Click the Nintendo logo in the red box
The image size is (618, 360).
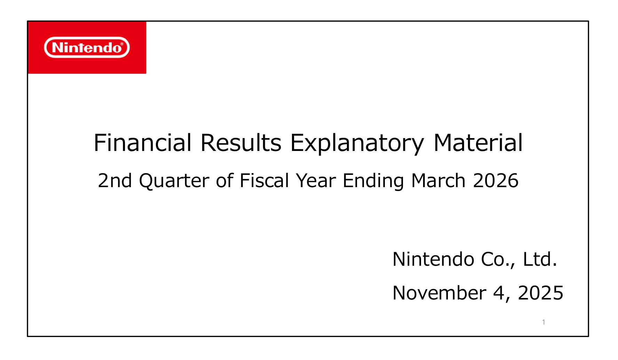coord(87,47)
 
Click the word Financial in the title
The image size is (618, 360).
coord(143,143)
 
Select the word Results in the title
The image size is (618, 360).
coord(241,143)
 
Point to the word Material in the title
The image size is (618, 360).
coord(478,143)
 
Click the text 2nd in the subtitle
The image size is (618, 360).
coord(115,181)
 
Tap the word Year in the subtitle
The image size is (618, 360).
coord(316,181)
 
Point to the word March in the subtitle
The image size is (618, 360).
coord(438,181)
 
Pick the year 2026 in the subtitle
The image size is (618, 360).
coord(496,181)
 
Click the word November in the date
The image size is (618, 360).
coord(439,293)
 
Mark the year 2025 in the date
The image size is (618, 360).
coord(540,293)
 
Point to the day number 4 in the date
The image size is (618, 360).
coord(499,293)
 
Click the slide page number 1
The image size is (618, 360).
coord(544,322)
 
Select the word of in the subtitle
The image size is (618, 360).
coord(224,181)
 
